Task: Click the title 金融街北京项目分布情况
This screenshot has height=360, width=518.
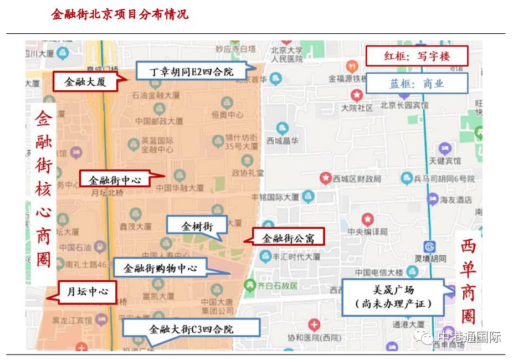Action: click(x=120, y=14)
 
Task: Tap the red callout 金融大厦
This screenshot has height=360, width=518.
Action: click(x=86, y=82)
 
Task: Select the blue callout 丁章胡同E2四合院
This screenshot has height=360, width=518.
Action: click(x=192, y=71)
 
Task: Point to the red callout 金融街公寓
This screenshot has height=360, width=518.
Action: click(x=288, y=238)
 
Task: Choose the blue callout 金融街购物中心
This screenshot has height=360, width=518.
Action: click(x=160, y=268)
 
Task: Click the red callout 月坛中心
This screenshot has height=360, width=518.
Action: click(x=87, y=291)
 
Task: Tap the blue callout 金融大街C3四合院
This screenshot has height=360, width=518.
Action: click(x=191, y=328)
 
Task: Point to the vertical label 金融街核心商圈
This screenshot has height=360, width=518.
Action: click(x=44, y=189)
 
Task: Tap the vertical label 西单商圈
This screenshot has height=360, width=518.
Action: click(x=469, y=282)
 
